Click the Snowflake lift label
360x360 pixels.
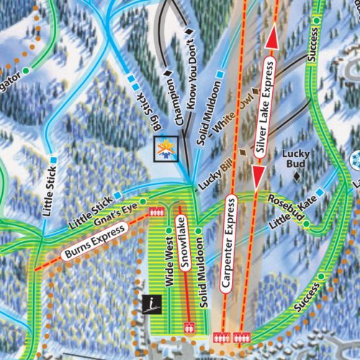tap(184, 253)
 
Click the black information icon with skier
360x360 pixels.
tap(150, 305)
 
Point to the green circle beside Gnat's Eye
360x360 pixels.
tap(143, 201)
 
